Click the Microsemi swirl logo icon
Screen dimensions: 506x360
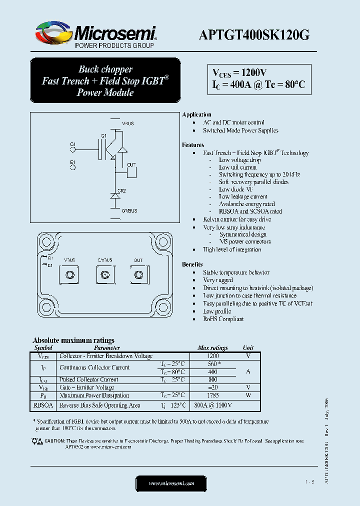[x=53, y=33]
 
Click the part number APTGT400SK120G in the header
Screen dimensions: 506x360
[x=254, y=34]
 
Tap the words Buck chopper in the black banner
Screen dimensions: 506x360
[x=105, y=69]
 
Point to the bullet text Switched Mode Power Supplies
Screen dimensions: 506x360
[x=240, y=130]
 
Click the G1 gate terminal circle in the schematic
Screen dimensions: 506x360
[x=73, y=149]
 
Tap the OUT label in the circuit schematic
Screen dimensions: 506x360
[x=131, y=164]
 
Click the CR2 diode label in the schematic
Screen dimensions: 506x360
[x=121, y=190]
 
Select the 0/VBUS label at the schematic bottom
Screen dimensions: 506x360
[x=129, y=211]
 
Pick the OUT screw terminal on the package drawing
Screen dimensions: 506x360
[x=138, y=274]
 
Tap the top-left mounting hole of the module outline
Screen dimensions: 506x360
[x=46, y=241]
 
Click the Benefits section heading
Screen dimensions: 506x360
[x=192, y=264]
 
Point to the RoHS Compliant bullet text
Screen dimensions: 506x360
[x=223, y=319]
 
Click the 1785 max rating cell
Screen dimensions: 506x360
[x=212, y=395]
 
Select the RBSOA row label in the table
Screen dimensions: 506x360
[x=43, y=405]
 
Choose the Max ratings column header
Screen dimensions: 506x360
[x=212, y=348]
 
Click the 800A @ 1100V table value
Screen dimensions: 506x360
[x=212, y=405]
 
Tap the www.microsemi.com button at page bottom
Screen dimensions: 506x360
[x=171, y=483]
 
